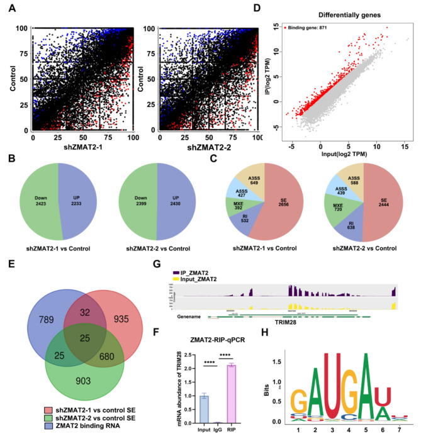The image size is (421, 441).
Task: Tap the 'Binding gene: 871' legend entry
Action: [x=313, y=30]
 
